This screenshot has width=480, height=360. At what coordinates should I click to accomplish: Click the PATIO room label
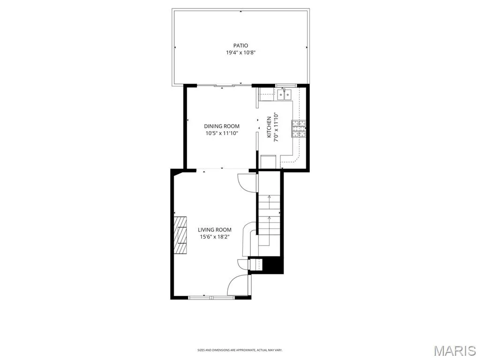pyautogui.click(x=240, y=46)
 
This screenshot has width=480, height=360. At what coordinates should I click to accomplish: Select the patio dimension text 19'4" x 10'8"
pyautogui.click(x=240, y=52)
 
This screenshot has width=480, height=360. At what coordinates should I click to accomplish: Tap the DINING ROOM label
pyautogui.click(x=222, y=126)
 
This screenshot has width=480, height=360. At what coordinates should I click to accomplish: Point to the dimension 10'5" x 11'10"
pyautogui.click(x=222, y=133)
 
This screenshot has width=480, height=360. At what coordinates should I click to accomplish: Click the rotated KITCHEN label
pyautogui.click(x=269, y=127)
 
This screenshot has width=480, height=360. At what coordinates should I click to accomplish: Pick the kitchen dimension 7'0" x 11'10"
pyautogui.click(x=276, y=127)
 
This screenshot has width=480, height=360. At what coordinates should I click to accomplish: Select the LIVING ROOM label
pyautogui.click(x=215, y=230)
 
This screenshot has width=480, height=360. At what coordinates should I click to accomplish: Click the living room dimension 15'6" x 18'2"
pyautogui.click(x=215, y=237)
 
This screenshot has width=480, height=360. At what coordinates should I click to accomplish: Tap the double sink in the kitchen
pyautogui.click(x=285, y=94)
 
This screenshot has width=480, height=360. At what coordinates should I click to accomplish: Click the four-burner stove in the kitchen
pyautogui.click(x=299, y=128)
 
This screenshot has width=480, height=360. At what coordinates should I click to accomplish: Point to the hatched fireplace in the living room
pyautogui.click(x=180, y=235)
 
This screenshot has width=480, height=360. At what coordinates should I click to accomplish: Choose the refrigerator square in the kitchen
pyautogui.click(x=268, y=162)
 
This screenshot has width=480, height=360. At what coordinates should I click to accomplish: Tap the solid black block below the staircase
pyautogui.click(x=272, y=265)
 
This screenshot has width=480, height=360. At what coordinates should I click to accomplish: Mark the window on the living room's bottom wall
pyautogui.click(x=211, y=297)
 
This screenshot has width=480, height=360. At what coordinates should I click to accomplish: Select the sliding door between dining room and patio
pyautogui.click(x=224, y=85)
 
